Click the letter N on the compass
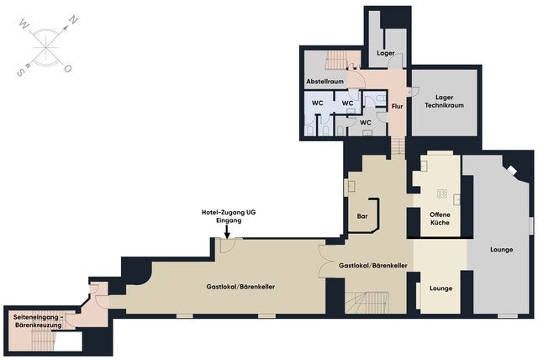click(x=74, y=20)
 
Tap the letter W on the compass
click(x=24, y=24)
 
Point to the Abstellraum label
click(x=325, y=82)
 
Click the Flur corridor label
click(x=397, y=106)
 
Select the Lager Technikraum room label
click(x=445, y=102)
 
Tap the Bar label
click(x=362, y=216)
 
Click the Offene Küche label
click(x=440, y=219)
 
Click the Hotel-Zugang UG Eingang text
click(x=229, y=216)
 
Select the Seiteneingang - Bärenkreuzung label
click(x=38, y=320)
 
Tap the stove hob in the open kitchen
click(x=442, y=193)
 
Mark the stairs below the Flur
click(x=398, y=146)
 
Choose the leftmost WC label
click(x=318, y=103)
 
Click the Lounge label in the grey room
click(x=502, y=250)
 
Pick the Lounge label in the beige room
click(x=440, y=289)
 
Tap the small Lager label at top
click(x=386, y=53)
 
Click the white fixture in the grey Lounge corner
click(x=512, y=170)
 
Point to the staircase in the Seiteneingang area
click(x=43, y=341)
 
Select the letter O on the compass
click(x=67, y=69)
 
